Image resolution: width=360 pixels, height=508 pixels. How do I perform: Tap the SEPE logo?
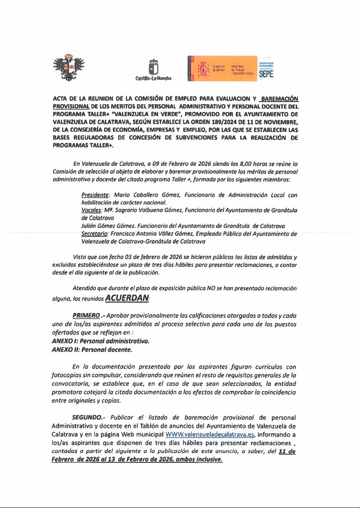pyautogui.click(x=266, y=69)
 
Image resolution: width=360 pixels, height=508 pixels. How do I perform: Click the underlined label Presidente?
pyautogui.click(x=94, y=196)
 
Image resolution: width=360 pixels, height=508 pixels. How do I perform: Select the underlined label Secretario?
pyautogui.click(x=95, y=234)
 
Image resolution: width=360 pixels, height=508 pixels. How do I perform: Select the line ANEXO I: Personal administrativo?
pyautogui.click(x=100, y=341)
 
